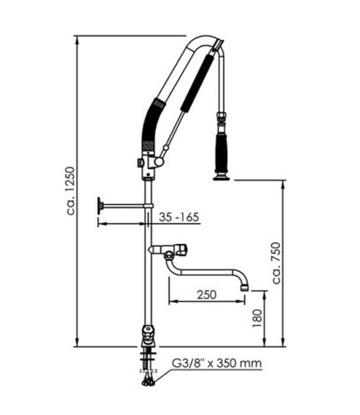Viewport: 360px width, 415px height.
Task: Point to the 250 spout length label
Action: [x=206, y=294]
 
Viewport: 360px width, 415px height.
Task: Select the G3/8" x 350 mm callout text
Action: [x=215, y=364]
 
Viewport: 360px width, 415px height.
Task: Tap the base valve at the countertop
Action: [x=147, y=334]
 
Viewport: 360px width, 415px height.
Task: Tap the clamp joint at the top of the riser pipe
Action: [x=148, y=165]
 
